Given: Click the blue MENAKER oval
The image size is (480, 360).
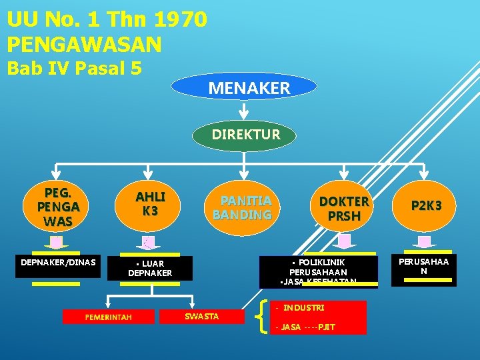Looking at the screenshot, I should [244, 87].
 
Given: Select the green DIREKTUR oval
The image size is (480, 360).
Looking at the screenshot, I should [245, 135].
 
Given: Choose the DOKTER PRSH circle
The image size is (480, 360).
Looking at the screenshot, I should [343, 208].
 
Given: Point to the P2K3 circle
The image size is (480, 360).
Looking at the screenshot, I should [426, 207].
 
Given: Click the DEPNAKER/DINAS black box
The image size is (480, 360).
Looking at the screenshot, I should [58, 262].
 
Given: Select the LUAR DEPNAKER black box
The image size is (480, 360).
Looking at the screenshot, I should [150, 267].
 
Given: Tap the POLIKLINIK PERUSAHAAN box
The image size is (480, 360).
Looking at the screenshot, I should [318, 272].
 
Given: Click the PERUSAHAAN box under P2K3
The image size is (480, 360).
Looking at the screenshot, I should [423, 266].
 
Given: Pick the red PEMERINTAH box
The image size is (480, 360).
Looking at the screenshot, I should [108, 317].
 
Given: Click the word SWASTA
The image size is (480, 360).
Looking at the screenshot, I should [201, 316].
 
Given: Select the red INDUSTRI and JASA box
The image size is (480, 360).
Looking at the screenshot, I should [318, 317].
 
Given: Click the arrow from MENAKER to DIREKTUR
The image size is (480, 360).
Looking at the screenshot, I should [245, 110].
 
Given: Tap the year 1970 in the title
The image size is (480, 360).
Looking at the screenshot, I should [176, 19].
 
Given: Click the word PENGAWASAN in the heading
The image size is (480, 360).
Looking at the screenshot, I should [84, 45].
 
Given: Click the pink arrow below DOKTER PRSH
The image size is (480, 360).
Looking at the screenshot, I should [344, 241].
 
